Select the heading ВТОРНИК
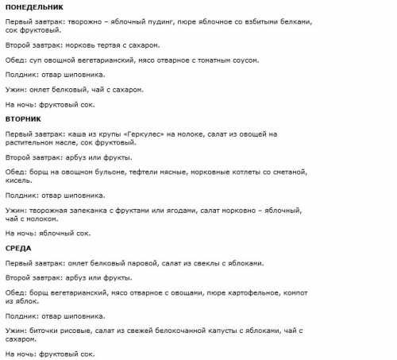pos(23,118)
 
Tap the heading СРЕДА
pos(18,248)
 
